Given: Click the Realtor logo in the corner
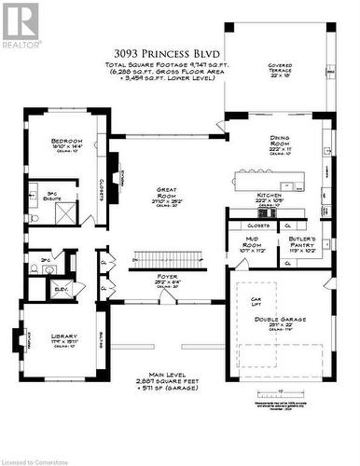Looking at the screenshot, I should tap(21, 25).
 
